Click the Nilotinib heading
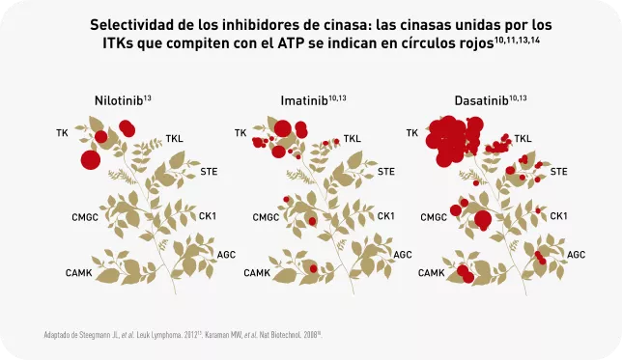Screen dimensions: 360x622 120,100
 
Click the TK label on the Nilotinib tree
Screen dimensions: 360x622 63,132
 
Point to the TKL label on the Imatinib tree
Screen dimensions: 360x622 352,139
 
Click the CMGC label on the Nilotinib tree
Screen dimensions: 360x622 85,217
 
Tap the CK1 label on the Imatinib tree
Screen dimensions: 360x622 384,215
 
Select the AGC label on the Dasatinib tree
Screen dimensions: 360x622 576,255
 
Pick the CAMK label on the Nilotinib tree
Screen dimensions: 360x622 79,273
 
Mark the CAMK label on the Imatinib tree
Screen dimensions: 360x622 256,273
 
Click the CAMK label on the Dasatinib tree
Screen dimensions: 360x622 431,273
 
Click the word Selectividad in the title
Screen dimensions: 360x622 130,23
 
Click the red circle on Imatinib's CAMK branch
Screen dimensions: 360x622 312,267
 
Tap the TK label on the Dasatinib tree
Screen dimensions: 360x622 412,133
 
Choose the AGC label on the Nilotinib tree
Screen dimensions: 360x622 227,255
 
